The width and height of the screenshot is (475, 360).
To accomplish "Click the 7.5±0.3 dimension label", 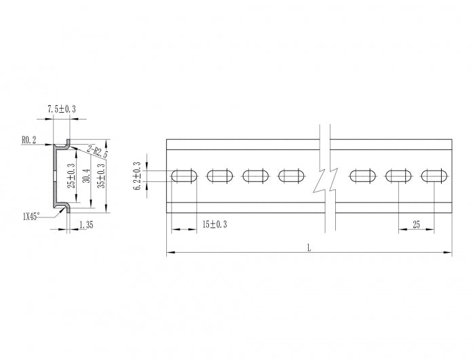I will click(61, 109).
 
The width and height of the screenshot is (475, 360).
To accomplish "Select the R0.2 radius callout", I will click(29, 140).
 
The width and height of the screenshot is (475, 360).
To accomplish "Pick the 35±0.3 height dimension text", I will click(102, 175).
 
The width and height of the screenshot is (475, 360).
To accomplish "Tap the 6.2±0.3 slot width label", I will click(138, 176).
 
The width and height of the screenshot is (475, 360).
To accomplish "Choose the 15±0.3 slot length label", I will click(215, 223).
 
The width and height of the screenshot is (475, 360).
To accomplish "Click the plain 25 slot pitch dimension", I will click(416, 223).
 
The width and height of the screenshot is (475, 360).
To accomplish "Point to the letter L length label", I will click(309, 248).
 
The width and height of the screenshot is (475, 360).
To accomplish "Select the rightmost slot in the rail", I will click(434, 176).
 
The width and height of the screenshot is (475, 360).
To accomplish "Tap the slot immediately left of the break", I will click(292, 176).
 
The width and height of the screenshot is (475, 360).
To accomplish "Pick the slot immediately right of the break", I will click(363, 176).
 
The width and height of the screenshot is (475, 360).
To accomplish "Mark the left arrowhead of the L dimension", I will click(170, 253).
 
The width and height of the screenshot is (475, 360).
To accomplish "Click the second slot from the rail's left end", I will click(220, 176).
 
